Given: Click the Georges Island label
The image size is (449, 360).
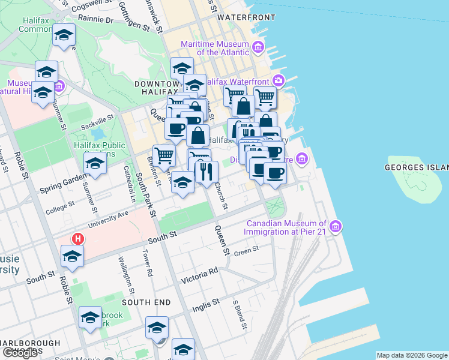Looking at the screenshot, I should pos(417,167).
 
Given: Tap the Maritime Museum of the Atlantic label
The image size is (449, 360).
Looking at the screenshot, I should pos(214,48).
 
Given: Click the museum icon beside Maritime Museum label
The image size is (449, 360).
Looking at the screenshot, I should pos(258,47).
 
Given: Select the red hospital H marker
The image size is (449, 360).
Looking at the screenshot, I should pos(77,238).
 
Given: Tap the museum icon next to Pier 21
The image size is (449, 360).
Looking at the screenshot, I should pos(336,227).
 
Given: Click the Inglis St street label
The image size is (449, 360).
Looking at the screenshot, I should pos(206,306).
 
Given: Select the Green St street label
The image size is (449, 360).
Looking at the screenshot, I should pos(246,250).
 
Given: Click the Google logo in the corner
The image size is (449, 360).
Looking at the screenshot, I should pos(20,353).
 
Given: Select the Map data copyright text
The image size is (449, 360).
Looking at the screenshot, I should pos(411,355).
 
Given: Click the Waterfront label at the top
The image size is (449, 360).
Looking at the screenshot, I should pos(246,17).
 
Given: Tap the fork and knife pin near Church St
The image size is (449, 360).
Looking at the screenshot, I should pos(205,172).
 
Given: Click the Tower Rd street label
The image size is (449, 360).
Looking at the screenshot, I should pos(146,263).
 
